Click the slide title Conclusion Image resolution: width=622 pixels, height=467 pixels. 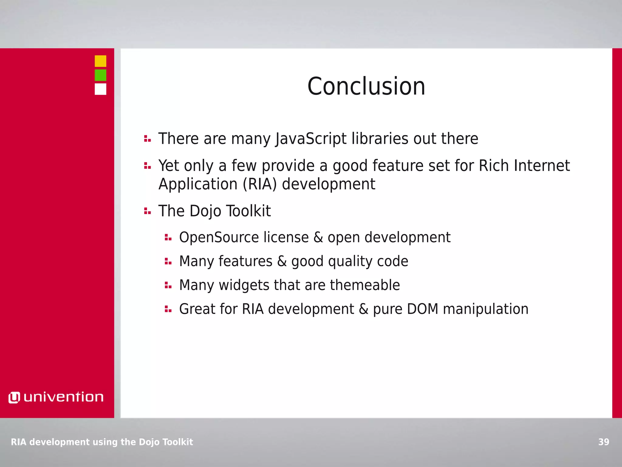coord(366,86)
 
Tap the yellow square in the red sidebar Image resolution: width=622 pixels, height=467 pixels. coord(101,61)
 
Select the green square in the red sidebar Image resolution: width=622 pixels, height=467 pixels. coord(101,75)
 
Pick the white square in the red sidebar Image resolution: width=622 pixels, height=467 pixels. coord(101,89)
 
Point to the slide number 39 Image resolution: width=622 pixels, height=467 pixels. coord(604,442)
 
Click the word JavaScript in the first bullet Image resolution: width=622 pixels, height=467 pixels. coord(311,139)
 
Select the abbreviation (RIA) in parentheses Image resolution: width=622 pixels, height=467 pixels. coord(260,184)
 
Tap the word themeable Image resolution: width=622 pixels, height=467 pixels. coord(365,285)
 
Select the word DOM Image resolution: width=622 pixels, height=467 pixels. coord(422,309)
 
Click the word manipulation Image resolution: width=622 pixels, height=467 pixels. coord(486,309)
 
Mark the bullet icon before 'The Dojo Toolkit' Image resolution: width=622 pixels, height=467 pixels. coord(147,211)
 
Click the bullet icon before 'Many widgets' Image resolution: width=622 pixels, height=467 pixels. coord(168,285)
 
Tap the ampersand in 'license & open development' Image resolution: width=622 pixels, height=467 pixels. coord(318,237)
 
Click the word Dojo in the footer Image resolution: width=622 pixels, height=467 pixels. coord(149,442)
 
